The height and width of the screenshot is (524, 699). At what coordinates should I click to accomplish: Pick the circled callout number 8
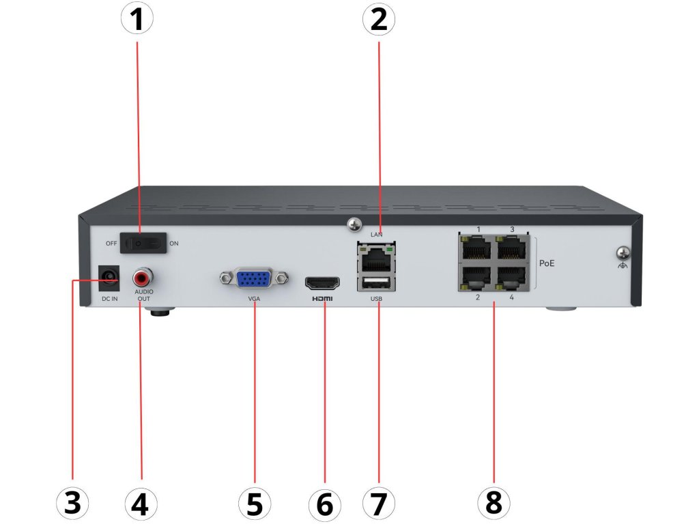(x=493, y=504)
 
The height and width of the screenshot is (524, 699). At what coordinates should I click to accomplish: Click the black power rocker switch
(x=143, y=243)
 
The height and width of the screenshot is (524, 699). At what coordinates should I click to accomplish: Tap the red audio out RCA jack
(x=143, y=278)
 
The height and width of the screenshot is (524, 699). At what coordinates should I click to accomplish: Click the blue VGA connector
(x=253, y=278)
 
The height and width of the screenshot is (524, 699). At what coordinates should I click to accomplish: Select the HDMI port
(x=323, y=283)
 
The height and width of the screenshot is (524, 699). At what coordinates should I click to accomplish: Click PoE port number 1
(x=476, y=248)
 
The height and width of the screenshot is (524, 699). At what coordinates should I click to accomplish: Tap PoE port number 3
(x=512, y=248)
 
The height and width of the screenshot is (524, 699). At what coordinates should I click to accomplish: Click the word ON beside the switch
(x=173, y=243)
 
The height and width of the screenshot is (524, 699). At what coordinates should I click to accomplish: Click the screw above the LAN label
(x=354, y=224)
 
